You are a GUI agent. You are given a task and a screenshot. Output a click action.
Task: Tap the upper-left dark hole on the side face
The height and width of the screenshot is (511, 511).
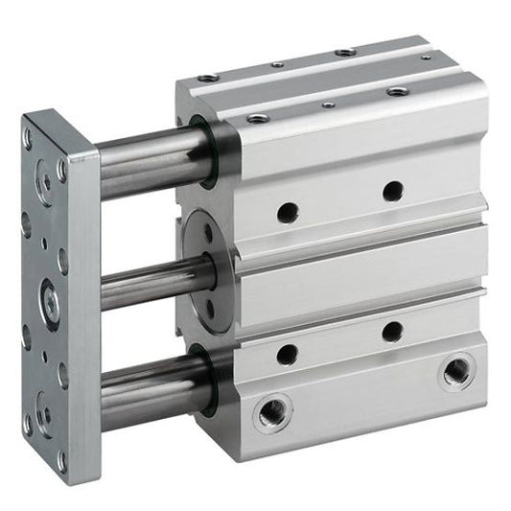point(286,211)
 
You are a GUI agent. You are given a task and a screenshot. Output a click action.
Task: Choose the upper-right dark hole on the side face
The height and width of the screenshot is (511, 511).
point(392,191)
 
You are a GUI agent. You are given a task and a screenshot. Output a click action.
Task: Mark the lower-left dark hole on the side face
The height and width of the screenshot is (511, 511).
point(287,354)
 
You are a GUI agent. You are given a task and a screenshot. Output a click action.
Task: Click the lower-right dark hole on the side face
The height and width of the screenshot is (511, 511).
point(391,332)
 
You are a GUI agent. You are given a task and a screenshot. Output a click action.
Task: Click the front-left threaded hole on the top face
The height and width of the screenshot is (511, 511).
point(257,118)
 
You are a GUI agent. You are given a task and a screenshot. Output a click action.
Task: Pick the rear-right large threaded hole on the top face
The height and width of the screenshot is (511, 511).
point(345,52)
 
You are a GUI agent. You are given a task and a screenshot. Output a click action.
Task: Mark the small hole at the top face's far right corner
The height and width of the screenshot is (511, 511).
point(425,58)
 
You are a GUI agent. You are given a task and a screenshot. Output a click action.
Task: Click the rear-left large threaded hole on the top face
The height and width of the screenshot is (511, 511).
point(208,78)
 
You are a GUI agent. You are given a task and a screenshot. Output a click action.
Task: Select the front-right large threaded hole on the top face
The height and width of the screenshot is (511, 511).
point(396,91)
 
